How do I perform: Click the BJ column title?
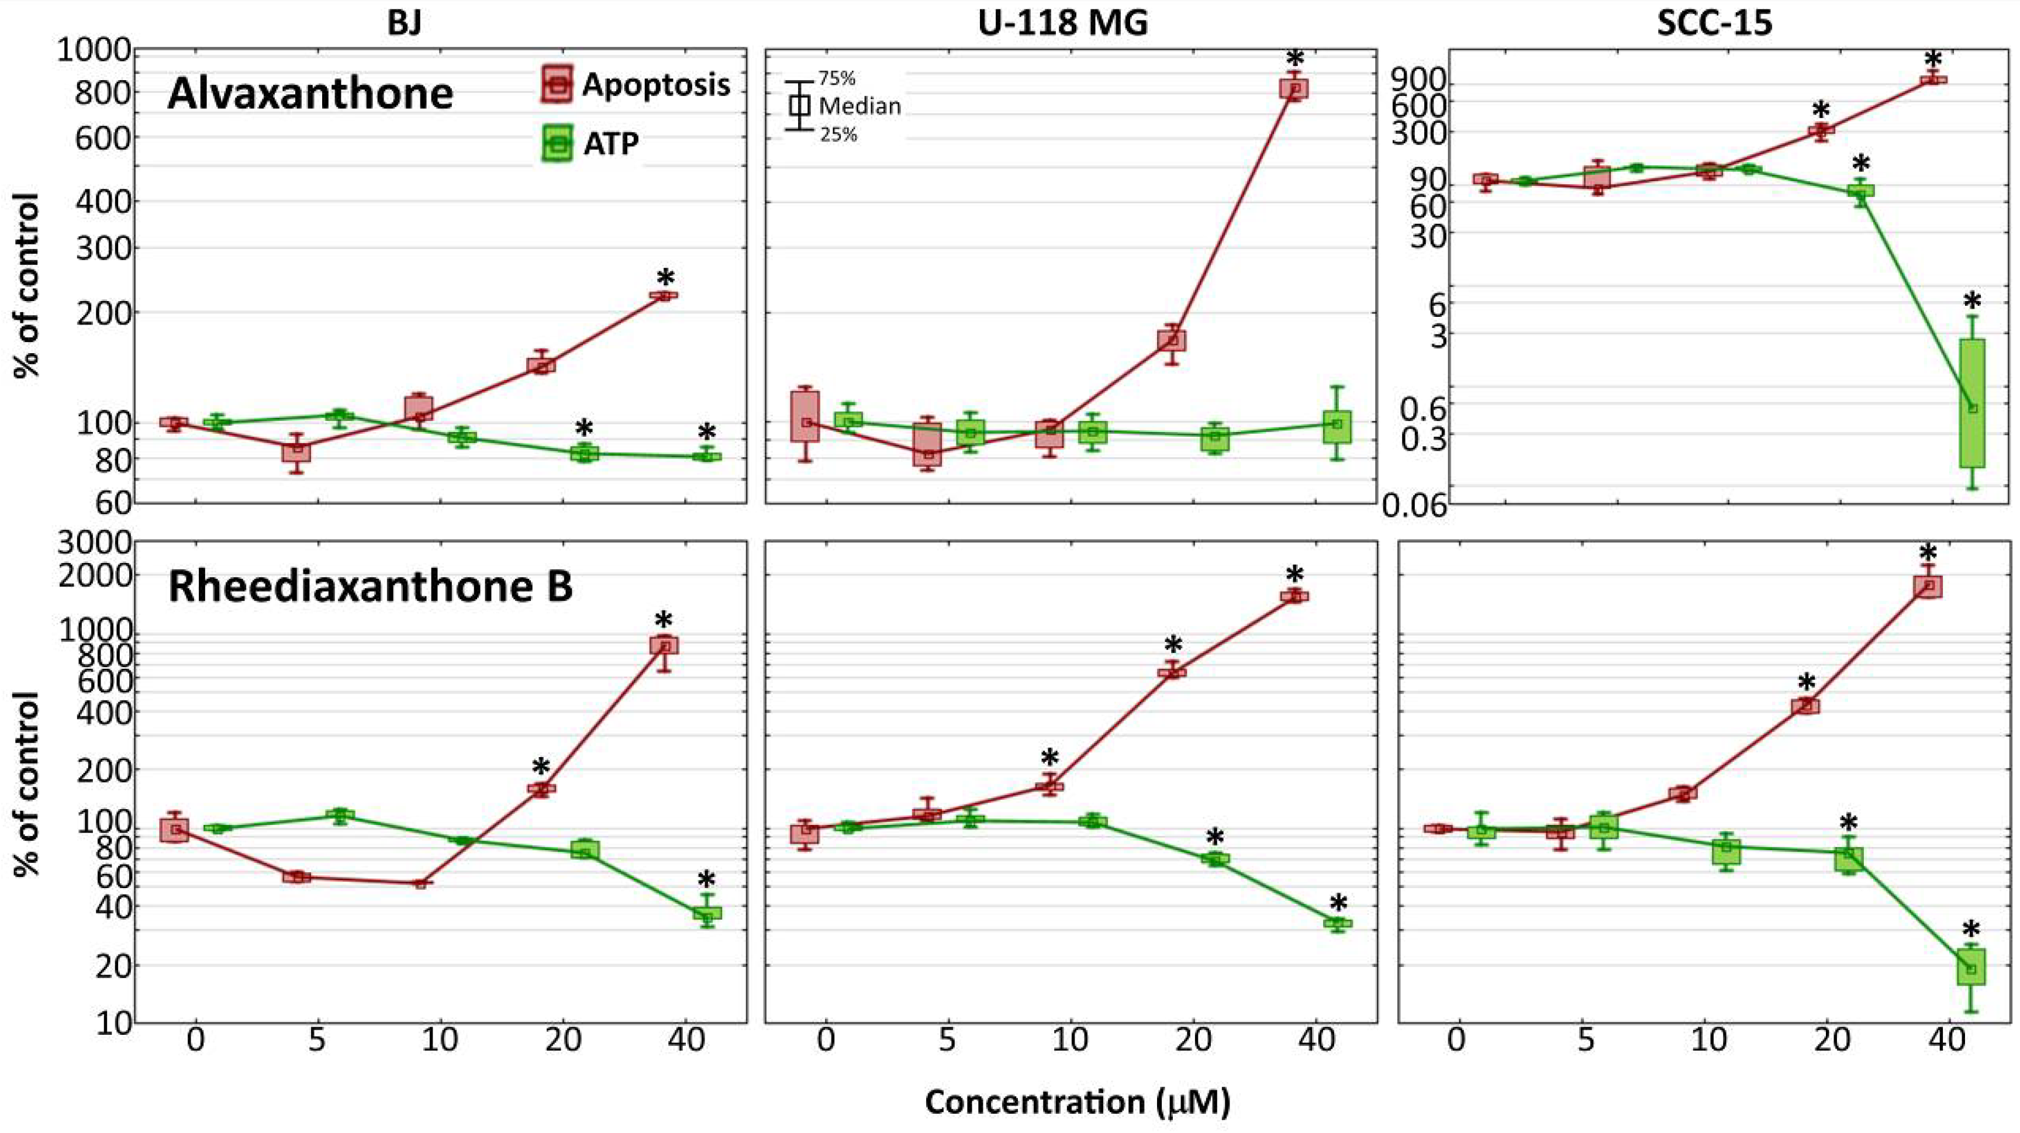404,23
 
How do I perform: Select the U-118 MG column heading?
1063,23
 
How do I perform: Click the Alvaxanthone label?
310,94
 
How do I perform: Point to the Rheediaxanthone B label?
370,586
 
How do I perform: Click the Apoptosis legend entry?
655,85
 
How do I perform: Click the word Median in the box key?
859,105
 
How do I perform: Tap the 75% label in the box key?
837,78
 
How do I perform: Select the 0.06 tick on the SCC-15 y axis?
1413,506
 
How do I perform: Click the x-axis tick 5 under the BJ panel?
317,1041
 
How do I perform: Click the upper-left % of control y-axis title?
27,286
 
